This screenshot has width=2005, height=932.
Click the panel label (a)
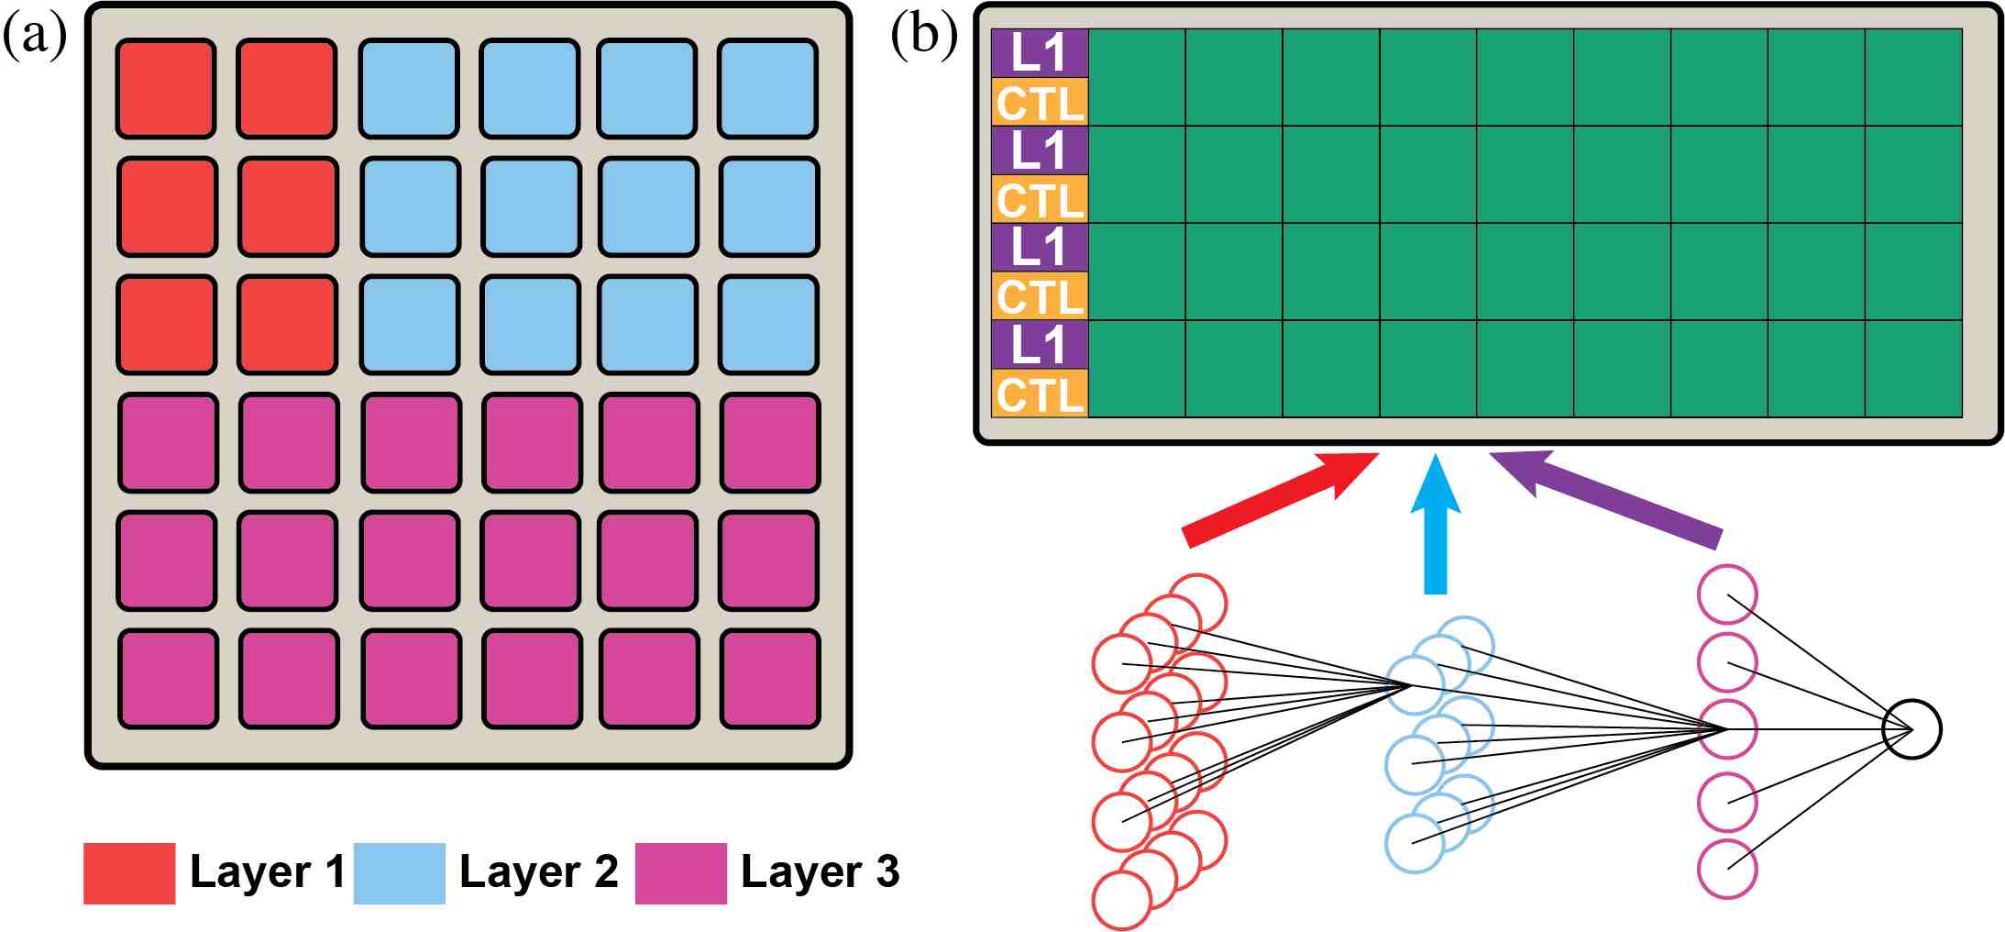pyautogui.click(x=34, y=38)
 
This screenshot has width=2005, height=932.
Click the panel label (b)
pyautogui.click(x=923, y=38)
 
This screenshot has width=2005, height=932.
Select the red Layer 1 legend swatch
pyautogui.click(x=129, y=873)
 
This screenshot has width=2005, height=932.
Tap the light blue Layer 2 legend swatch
pyautogui.click(x=399, y=873)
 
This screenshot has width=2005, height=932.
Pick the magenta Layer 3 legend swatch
pyautogui.click(x=680, y=873)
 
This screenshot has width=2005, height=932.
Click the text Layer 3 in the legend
pyautogui.click(x=820, y=871)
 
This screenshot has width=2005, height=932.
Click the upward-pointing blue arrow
pyautogui.click(x=1436, y=527)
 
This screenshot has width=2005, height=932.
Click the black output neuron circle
pyautogui.click(x=1911, y=729)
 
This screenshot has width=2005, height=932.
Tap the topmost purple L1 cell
pyautogui.click(x=1040, y=52)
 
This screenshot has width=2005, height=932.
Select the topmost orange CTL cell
pyautogui.click(x=1040, y=102)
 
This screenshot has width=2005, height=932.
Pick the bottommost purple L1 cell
pyautogui.click(x=1040, y=345)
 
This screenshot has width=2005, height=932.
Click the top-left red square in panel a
pyautogui.click(x=166, y=89)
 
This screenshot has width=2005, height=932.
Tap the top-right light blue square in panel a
pyautogui.click(x=767, y=89)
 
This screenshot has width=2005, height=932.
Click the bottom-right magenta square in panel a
pyautogui.click(x=770, y=679)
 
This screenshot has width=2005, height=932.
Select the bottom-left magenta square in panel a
pyautogui.click(x=168, y=679)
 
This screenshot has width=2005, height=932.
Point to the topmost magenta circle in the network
pyautogui.click(x=1727, y=594)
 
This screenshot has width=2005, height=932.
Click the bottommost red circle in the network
pyautogui.click(x=1121, y=900)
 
